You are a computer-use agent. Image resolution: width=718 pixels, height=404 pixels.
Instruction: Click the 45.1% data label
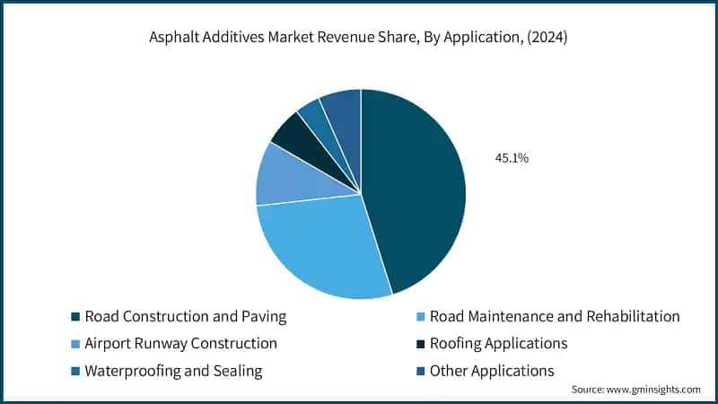(x=512, y=158)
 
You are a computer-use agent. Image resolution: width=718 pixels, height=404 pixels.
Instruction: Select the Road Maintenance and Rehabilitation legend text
(x=555, y=316)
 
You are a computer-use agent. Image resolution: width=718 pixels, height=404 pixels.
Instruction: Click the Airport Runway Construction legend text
(x=180, y=343)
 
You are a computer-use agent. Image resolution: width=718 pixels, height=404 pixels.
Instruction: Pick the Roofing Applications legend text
(x=498, y=343)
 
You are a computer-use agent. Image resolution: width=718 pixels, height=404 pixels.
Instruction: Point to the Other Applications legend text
(x=492, y=370)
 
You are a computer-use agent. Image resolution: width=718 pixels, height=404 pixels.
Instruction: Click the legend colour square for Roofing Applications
(x=420, y=344)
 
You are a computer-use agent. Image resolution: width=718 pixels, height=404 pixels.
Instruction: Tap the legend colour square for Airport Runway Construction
(x=74, y=344)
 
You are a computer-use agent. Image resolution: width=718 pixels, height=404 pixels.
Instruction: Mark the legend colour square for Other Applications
(x=420, y=371)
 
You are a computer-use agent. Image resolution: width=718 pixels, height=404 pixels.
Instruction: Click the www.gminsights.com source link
(x=654, y=390)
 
